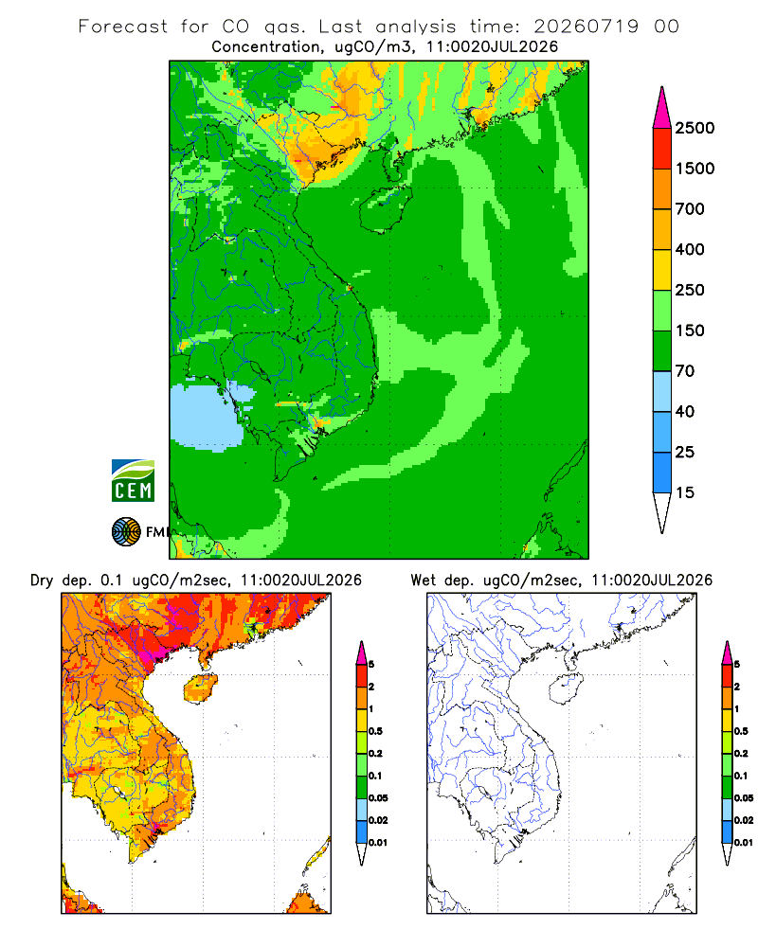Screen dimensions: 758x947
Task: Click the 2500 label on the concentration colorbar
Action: coord(695,128)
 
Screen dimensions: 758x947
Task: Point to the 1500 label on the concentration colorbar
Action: coord(695,169)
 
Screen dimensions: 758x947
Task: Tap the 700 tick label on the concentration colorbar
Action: coord(690,209)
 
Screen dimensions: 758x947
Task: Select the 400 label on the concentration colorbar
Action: coord(690,249)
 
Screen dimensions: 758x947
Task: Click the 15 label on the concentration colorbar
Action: coord(685,492)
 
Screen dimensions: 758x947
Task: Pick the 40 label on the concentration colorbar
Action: coord(685,412)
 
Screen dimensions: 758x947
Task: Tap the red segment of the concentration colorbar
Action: coord(662,149)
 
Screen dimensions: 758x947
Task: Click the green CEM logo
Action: coord(133,481)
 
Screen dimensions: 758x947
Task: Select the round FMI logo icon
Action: coord(126,532)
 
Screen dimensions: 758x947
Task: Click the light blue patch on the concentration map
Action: coord(209,414)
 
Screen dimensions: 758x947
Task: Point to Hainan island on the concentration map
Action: coord(386,209)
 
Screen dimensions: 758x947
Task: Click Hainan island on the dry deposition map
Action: coord(201,688)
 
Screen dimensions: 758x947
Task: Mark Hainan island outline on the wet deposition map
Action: coord(567,689)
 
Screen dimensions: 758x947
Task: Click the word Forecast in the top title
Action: coord(123,27)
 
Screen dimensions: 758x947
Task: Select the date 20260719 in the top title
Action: coord(586,27)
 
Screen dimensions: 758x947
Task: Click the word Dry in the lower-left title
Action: coord(42,581)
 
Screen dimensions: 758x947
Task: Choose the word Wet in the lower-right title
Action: coord(423,581)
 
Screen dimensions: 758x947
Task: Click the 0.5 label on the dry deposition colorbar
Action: coord(375,731)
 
